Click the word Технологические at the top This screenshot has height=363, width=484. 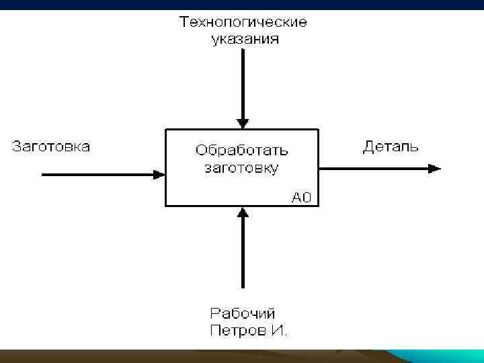pos(243,23)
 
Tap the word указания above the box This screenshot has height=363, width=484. pos(243,39)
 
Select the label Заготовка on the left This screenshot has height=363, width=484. pos(51,147)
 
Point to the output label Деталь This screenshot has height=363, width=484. pos(391,147)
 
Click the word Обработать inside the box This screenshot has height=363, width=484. pos(241,149)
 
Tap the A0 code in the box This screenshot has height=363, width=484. pos(301,198)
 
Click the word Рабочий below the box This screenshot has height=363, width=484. pos(243,313)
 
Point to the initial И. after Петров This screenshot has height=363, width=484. pos(279,330)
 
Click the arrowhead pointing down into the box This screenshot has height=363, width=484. pos(243,123)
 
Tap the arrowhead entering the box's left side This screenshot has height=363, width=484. pos(159,174)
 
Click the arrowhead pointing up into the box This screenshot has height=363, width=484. pos(243,213)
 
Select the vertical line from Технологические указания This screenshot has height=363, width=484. pos(243,81)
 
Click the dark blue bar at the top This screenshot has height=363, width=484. pos(242,5)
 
